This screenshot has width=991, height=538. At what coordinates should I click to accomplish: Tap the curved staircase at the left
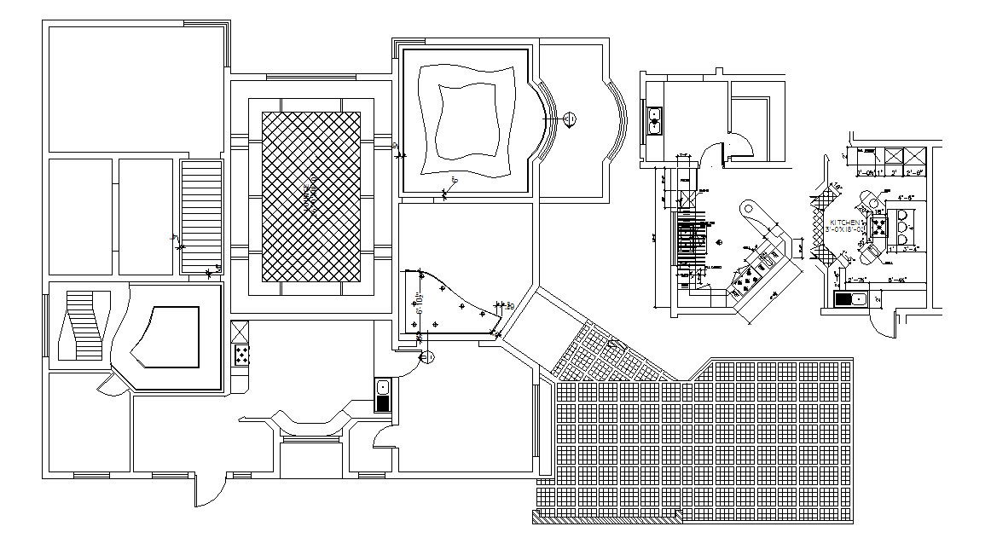[84, 325]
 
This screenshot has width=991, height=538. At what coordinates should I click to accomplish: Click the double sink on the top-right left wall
[655, 120]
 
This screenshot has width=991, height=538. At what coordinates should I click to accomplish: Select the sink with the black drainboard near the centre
[382, 396]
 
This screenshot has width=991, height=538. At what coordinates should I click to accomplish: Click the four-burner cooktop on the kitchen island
[878, 226]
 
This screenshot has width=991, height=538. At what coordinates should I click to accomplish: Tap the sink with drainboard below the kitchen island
[850, 298]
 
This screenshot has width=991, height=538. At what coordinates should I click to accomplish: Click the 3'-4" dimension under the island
[907, 250]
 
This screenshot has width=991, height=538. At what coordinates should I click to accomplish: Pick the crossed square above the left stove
[241, 331]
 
